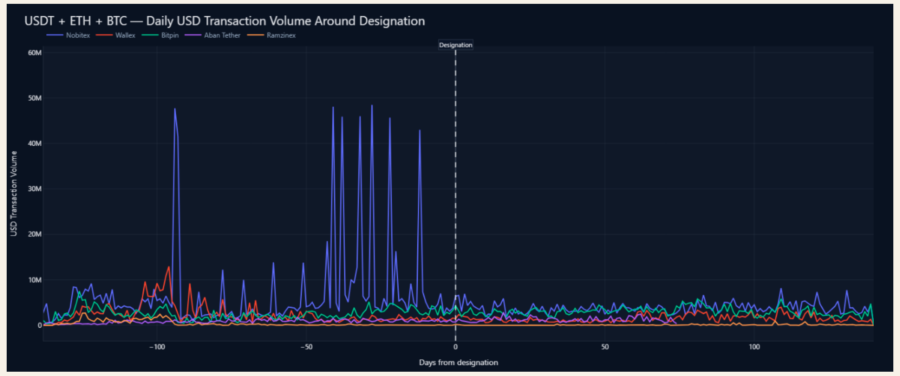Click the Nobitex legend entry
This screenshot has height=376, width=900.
[68, 35]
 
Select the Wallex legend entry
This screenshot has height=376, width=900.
[116, 35]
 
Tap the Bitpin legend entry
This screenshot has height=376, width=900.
[160, 35]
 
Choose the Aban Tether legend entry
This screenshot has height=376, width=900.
[212, 35]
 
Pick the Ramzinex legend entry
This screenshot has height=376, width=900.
[271, 35]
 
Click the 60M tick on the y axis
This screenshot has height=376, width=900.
[35, 53]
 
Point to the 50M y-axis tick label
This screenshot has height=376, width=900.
[35, 98]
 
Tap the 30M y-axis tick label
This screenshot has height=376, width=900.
[35, 189]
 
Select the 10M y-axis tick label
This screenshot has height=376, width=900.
[35, 280]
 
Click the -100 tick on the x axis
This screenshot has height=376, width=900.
[157, 347]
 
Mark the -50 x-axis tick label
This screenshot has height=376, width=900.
[306, 347]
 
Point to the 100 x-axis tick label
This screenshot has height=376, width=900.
[754, 347]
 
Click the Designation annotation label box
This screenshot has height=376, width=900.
[455, 45]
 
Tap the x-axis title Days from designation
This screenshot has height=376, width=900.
[458, 363]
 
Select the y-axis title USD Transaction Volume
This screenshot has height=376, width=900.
[14, 193]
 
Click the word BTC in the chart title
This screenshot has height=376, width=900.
[116, 21]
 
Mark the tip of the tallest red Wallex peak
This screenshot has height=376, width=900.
[169, 267]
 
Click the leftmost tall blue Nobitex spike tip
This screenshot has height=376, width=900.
[175, 108]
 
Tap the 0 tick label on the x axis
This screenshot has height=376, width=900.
[455, 347]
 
